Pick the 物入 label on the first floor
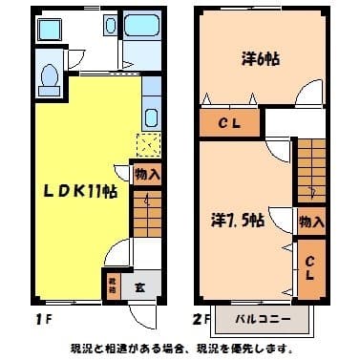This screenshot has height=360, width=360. pyautogui.click(x=147, y=174)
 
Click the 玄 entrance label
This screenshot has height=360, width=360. pyautogui.click(x=138, y=284)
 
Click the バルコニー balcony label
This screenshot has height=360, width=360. pyautogui.click(x=263, y=317)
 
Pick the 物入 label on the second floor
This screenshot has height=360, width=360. pyautogui.click(x=310, y=222)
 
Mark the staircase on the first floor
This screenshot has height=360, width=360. pyautogui.click(x=146, y=214)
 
